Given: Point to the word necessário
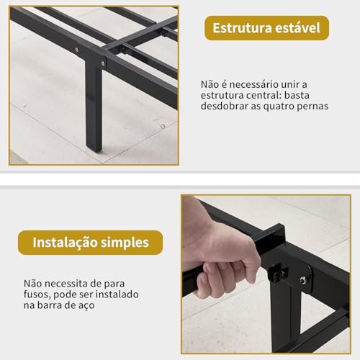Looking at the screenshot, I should (x=251, y=84).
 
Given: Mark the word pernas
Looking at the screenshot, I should (x=315, y=106).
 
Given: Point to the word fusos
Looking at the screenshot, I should (x=38, y=295).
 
